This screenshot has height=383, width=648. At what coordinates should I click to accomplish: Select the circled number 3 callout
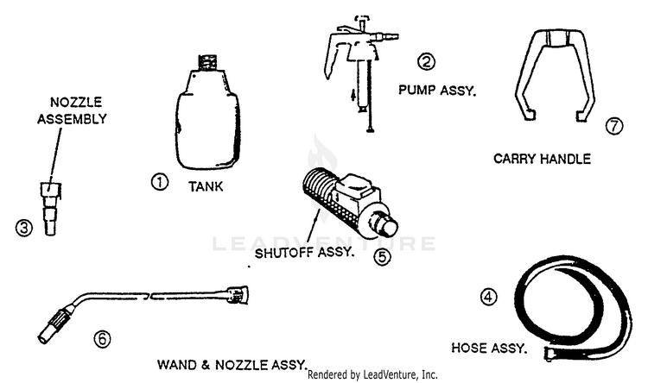click(25, 229)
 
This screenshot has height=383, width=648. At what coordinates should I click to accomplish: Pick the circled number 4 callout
click(489, 297)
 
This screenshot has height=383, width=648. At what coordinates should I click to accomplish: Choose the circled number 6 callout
click(103, 339)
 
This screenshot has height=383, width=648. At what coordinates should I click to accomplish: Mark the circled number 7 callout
click(614, 126)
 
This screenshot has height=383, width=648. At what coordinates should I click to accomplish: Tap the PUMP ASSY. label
click(437, 89)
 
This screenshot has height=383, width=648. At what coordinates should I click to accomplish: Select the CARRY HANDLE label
click(542, 159)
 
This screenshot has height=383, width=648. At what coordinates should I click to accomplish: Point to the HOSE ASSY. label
click(490, 348)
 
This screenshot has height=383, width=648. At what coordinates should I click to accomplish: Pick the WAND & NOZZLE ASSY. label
click(232, 364)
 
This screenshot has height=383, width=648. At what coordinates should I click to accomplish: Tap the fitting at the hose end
click(551, 353)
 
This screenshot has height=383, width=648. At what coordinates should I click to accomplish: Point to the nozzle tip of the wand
click(50, 329)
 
